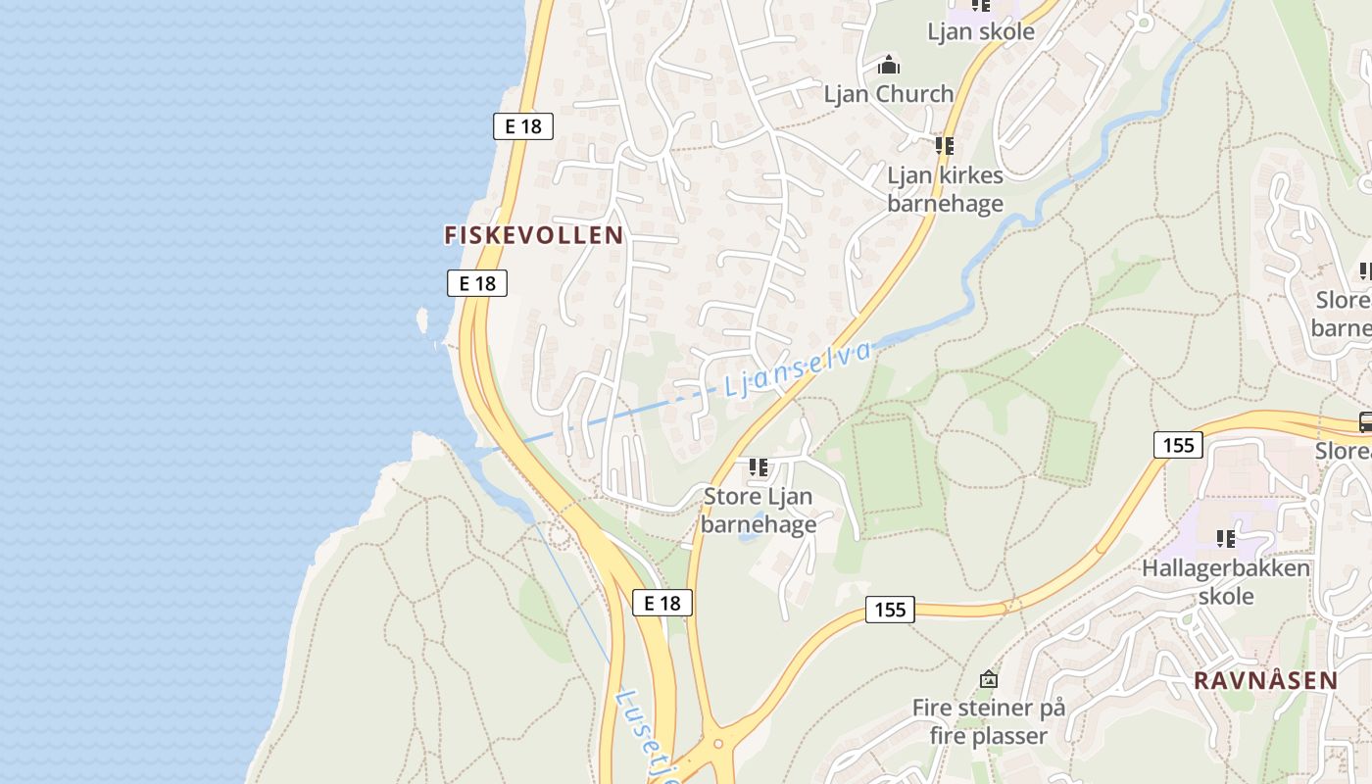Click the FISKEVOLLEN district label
[x=534, y=235]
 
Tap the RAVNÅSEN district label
[x=1265, y=680]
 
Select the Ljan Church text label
[x=888, y=94]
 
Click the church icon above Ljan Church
[x=889, y=66]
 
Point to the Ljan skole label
[x=980, y=31]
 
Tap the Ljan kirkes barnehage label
[x=945, y=189]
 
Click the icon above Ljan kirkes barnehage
[x=945, y=146]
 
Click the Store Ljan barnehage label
[x=759, y=510]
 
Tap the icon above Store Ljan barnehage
[x=759, y=467]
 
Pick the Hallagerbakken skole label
[x=1226, y=582]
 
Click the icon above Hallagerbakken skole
[x=1226, y=538]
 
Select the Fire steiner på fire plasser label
[x=988, y=721]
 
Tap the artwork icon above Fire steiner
[x=989, y=678]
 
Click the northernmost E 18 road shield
[x=522, y=125]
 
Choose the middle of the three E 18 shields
[x=477, y=283]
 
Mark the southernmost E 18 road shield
[x=662, y=603]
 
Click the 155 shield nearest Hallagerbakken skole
[x=1178, y=445]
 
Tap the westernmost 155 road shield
[x=890, y=610]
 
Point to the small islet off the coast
[x=423, y=319]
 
